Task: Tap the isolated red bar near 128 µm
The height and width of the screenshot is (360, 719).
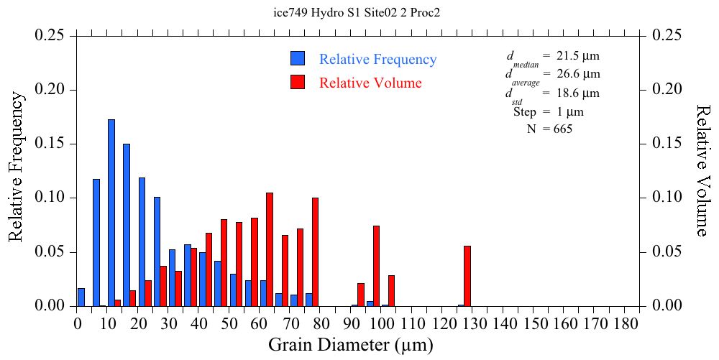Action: pos(467,276)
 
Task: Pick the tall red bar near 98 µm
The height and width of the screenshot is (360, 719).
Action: pos(376,266)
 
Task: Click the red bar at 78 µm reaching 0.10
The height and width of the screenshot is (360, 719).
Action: pos(315,251)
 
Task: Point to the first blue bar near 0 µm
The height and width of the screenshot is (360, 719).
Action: pos(81,297)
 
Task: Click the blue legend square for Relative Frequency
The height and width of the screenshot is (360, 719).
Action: pos(298,59)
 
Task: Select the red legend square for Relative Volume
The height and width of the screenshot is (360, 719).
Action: pos(298,82)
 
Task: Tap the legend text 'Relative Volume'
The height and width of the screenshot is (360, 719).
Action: pos(370,83)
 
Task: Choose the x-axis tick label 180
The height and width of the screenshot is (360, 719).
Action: pos(626,323)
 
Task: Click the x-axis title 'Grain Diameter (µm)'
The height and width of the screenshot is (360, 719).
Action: pos(351,345)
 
